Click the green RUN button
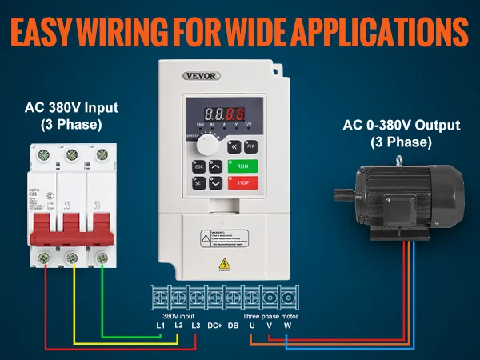[244, 167]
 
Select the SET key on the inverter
[198, 182]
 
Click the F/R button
[250, 147]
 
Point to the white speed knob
[208, 145]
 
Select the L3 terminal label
[194, 326]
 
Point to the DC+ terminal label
[214, 326]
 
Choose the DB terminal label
[234, 326]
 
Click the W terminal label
[288, 326]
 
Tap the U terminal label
[253, 326]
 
